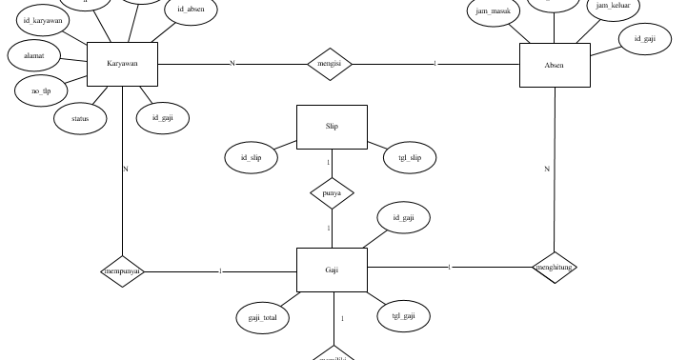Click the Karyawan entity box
pyautogui.click(x=122, y=64)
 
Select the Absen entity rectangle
pyautogui.click(x=555, y=66)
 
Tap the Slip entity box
pyautogui.click(x=332, y=127)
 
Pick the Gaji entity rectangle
pyautogui.click(x=332, y=270)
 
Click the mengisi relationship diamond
pyautogui.click(x=330, y=64)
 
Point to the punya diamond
pyautogui.click(x=332, y=193)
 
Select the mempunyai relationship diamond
pyautogui.click(x=123, y=270)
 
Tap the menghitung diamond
pyautogui.click(x=555, y=268)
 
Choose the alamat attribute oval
pyautogui.click(x=33, y=55)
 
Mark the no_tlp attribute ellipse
pyautogui.click(x=41, y=90)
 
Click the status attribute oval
pyautogui.click(x=80, y=119)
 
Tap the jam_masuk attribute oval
pyautogui.click(x=493, y=11)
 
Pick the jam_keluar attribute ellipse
pyautogui.click(x=613, y=7)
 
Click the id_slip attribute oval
pyautogui.click(x=252, y=157)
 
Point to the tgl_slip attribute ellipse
pyautogui.click(x=410, y=158)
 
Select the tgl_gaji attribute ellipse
pyautogui.click(x=403, y=316)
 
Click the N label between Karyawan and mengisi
pyautogui.click(x=232, y=64)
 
